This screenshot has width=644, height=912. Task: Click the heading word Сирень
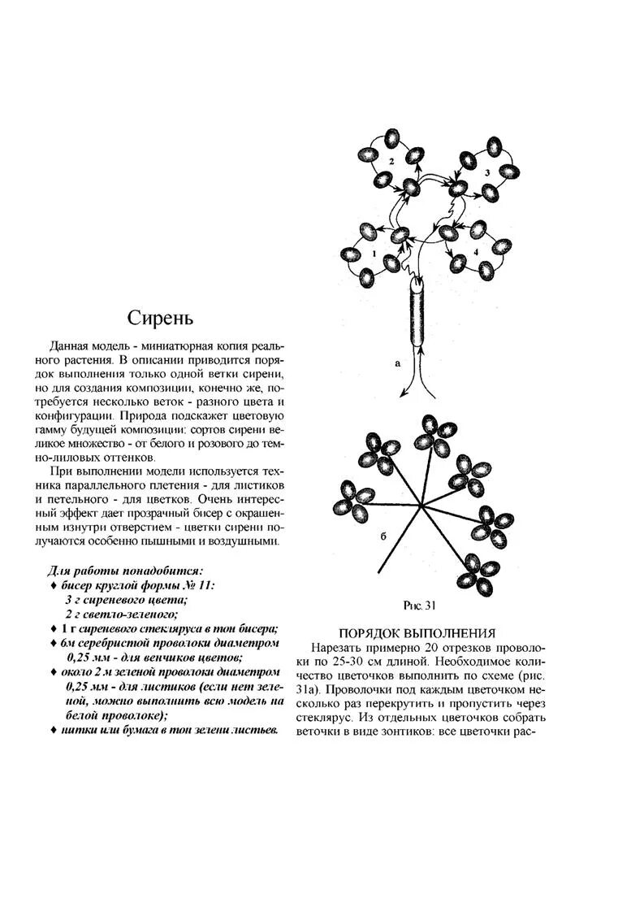[160, 317]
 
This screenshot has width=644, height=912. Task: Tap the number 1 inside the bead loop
[374, 254]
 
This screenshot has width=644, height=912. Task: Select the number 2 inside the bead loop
[391, 162]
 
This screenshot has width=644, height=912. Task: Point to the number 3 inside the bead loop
[487, 172]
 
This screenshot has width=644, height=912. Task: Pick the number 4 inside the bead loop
[476, 242]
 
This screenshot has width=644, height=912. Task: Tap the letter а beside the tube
[397, 363]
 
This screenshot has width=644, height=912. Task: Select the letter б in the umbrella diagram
[383, 538]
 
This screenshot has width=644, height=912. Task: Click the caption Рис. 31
[420, 605]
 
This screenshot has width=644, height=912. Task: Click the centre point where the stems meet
[421, 507]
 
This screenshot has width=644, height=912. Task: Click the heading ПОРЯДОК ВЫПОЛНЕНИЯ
[417, 633]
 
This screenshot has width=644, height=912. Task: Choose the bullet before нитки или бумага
[54, 731]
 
